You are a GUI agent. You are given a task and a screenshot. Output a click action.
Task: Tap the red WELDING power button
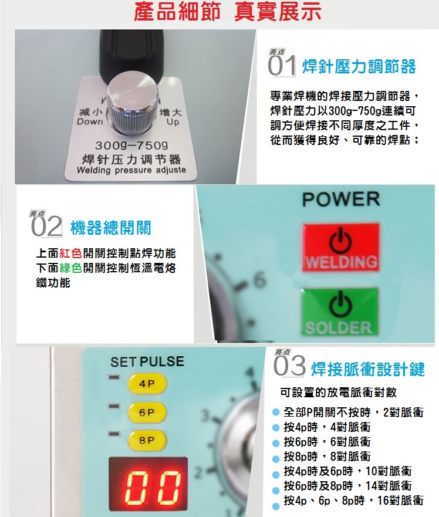click(341, 247)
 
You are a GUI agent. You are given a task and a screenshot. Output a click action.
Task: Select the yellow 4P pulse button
click(147, 383)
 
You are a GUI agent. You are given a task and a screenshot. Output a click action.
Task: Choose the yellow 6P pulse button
click(147, 412)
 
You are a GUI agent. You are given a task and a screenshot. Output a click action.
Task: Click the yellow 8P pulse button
click(147, 441)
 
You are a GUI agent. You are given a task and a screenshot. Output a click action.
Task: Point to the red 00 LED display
click(148, 484)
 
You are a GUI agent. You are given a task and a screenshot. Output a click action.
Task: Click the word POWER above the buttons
click(341, 199)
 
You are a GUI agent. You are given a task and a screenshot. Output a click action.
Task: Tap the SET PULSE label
click(147, 361)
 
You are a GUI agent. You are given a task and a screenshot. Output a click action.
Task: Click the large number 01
click(281, 66)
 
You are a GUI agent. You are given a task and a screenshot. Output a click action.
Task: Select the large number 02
click(46, 227)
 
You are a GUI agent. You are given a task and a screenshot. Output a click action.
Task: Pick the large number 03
click(289, 366)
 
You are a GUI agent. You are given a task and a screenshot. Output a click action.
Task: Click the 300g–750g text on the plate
click(131, 146)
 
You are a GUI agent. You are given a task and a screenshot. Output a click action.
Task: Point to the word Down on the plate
click(90, 121)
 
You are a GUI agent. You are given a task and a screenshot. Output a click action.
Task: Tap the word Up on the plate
click(173, 122)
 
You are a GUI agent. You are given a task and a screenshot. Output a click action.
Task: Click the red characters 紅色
click(70, 254)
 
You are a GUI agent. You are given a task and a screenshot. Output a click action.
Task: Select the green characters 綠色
click(70, 268)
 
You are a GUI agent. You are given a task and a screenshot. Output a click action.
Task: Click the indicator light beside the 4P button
click(114, 377)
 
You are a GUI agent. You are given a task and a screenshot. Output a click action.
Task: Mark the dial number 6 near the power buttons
click(260, 280)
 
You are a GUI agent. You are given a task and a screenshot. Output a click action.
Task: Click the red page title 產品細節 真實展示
click(228, 11)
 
